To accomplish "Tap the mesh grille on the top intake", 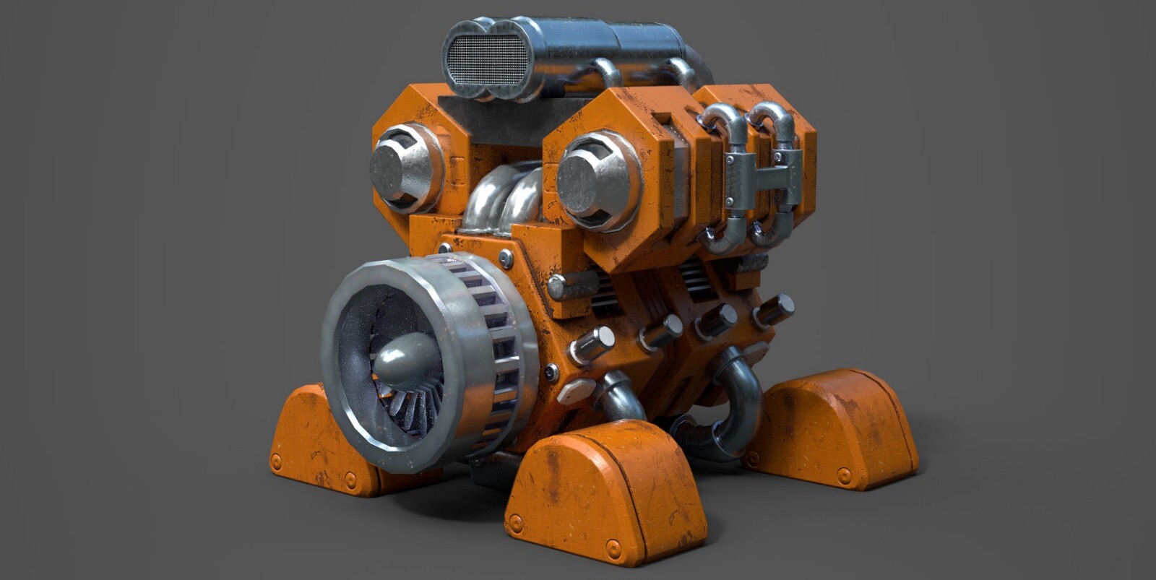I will click(x=488, y=60).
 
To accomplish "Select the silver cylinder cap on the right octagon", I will click(x=587, y=181).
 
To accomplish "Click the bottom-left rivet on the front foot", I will click(x=515, y=524).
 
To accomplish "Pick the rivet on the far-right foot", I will click(x=843, y=475).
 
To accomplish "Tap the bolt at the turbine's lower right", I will click(x=551, y=373).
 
